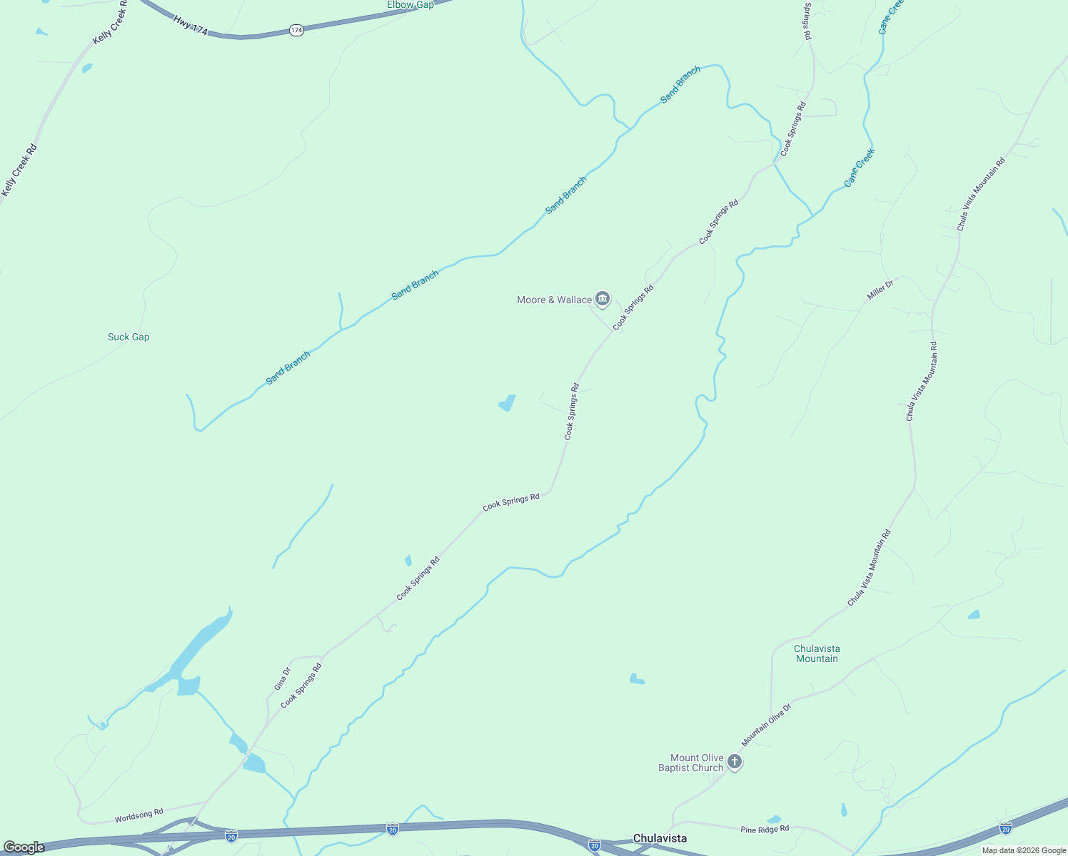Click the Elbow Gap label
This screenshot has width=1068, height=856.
click(410, 5)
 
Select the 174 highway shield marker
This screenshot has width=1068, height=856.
click(297, 30)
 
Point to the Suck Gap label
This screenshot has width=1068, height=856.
click(129, 337)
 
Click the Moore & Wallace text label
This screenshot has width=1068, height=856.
click(554, 300)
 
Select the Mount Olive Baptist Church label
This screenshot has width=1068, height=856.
click(690, 763)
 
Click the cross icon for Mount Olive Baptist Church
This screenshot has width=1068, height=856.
click(735, 762)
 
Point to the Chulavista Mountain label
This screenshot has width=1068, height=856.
click(817, 653)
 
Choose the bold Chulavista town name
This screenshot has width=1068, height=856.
click(660, 838)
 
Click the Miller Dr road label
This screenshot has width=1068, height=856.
click(880, 290)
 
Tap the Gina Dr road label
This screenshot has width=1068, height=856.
click(283, 678)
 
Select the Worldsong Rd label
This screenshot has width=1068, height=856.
click(139, 815)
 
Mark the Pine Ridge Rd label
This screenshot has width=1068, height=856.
click(765, 829)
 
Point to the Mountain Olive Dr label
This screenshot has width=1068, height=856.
click(767, 725)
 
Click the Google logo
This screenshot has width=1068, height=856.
click(24, 847)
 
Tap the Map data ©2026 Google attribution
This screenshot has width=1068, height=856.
click(1024, 850)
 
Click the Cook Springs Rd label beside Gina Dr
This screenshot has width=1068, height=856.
click(301, 686)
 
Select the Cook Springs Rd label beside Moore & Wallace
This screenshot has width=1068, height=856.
click(633, 307)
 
